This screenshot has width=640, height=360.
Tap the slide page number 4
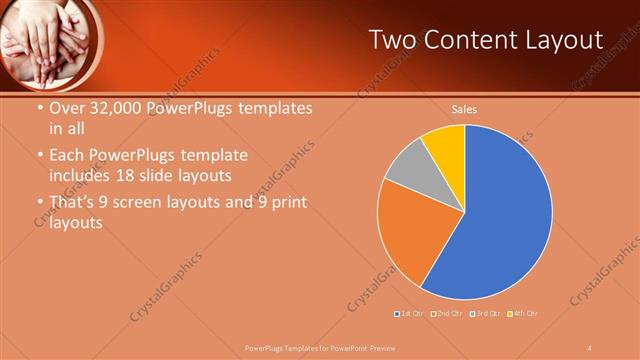click(591, 347)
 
